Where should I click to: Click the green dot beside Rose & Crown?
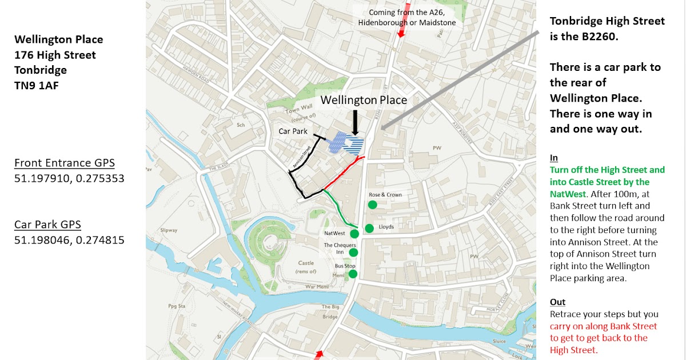pos(373,205)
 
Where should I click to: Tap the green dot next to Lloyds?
pos(369,229)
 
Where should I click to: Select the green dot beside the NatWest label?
pos(354,233)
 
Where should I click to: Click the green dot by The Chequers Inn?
pos(353,253)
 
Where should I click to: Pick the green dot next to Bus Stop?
pos(353,274)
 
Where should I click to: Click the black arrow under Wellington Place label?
pos(355,121)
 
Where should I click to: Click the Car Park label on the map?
pos(293,131)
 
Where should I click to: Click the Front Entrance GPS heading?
pos(65,163)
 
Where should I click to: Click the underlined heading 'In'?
pos(554,158)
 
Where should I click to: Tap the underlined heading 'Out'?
pos(557,302)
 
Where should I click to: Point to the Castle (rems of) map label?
pos(306,267)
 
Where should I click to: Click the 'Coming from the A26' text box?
pos(407,17)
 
